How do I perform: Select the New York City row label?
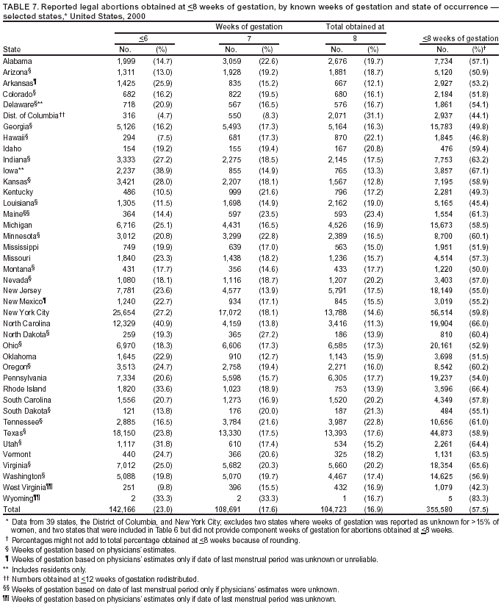[26, 312]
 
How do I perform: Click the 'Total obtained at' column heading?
[355, 26]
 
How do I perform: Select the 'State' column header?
[12, 49]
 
